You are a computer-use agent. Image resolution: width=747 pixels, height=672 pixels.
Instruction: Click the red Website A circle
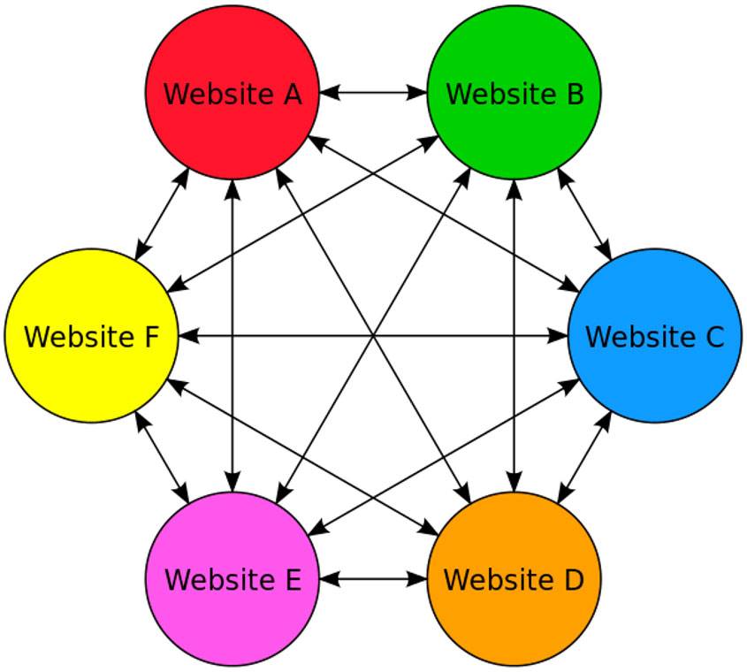pos(232,93)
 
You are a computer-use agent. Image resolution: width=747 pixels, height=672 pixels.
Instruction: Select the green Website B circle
pos(514,93)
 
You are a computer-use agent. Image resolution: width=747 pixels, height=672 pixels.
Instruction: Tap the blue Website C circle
pos(654,335)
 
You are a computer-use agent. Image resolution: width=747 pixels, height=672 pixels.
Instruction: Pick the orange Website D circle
pos(514,579)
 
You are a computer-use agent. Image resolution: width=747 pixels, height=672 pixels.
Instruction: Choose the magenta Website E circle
pos(232,579)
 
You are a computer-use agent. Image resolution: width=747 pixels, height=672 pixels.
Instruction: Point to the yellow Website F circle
pos(91,335)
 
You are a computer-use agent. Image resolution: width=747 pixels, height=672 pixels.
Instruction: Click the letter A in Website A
pos(293,94)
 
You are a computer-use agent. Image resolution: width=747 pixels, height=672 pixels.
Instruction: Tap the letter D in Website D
pos(574,580)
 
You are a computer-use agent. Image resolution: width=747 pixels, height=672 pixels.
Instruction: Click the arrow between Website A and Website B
pos(373,93)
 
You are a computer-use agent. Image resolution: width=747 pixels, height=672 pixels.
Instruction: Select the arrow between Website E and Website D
pos(373,579)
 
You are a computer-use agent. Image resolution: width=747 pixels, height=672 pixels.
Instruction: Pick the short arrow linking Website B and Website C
pos(584,214)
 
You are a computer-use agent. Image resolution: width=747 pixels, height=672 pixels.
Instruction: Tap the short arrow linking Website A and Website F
pos(162,214)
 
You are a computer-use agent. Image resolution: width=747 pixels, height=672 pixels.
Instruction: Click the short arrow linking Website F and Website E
pos(162,457)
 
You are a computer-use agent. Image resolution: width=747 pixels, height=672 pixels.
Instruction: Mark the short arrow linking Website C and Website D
pos(584,457)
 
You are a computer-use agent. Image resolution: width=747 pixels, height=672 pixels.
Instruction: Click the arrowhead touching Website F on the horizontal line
pos(188,335)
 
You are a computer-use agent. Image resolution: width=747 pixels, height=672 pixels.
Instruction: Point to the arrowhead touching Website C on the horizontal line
pos(558,335)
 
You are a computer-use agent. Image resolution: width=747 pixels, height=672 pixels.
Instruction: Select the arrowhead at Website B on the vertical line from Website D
pos(514,190)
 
